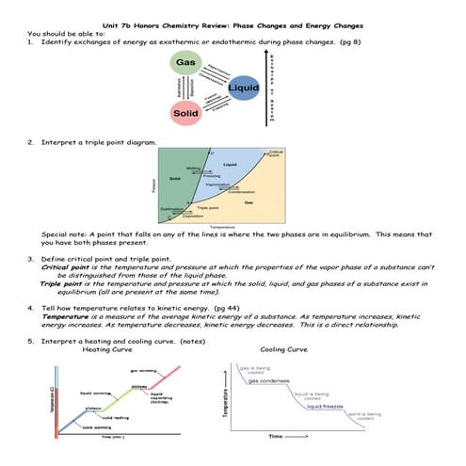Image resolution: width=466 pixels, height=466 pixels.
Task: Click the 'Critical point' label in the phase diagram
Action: pyautogui.click(x=276, y=153)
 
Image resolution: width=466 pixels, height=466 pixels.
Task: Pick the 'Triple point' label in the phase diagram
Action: pyautogui.click(x=208, y=207)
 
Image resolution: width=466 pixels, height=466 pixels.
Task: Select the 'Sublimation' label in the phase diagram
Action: pyautogui.click(x=172, y=209)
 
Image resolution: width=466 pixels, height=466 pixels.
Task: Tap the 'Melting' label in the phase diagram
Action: pyautogui.click(x=191, y=168)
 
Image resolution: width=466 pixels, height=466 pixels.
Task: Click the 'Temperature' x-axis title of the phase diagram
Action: pyautogui.click(x=223, y=227)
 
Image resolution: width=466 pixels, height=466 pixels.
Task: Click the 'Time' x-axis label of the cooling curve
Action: pyautogui.click(x=281, y=437)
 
